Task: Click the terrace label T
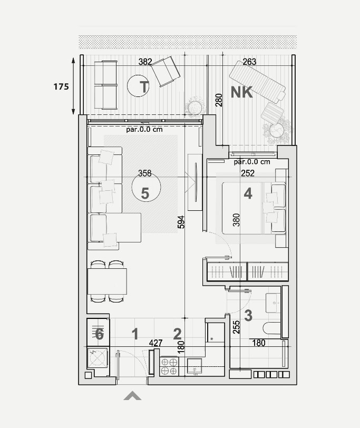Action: [x=144, y=87]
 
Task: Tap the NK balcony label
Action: [x=241, y=92]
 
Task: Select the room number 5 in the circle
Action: [x=145, y=193]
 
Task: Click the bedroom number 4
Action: [x=248, y=194]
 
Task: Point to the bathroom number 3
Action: [x=248, y=316]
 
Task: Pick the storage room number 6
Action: [x=99, y=334]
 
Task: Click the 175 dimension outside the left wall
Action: [x=61, y=87]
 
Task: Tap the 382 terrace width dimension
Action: [x=145, y=62]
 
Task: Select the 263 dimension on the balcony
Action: [x=249, y=62]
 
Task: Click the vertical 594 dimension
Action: [x=181, y=222]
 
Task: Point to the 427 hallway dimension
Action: [x=156, y=343]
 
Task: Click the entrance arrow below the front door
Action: [x=132, y=395]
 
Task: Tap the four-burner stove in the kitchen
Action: [x=169, y=366]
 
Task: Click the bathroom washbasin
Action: [x=273, y=303]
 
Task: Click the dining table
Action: [x=108, y=281]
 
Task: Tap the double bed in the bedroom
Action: [x=254, y=208]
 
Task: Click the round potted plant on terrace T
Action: [x=195, y=106]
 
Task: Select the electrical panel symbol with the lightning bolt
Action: [x=98, y=357]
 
